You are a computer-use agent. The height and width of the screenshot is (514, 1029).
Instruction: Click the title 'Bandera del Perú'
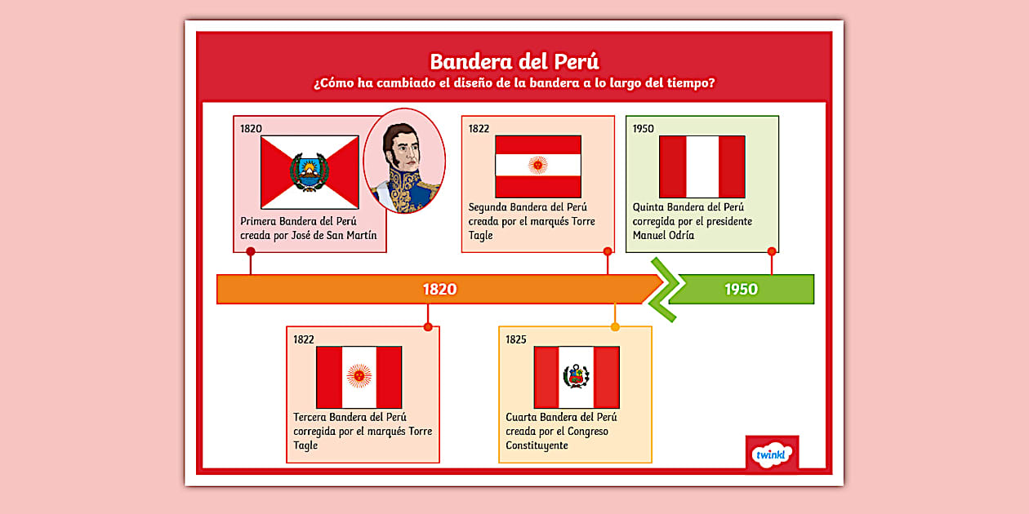tap(514, 62)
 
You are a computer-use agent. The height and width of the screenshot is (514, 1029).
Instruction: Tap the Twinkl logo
tap(772, 454)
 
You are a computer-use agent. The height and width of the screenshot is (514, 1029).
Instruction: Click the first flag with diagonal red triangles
tap(310, 172)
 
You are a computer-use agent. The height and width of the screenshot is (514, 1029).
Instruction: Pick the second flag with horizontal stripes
tap(538, 166)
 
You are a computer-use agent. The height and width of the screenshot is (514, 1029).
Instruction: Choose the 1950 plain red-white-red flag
tap(702, 166)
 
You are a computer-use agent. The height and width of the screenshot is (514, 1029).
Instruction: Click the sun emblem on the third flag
tap(359, 376)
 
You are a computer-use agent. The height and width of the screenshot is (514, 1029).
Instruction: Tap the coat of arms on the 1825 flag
tap(576, 377)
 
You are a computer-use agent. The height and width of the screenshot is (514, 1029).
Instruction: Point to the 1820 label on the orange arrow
tap(439, 289)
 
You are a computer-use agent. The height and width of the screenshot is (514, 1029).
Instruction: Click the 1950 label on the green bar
tap(741, 289)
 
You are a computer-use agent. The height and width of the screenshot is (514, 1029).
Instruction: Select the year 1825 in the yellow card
tap(516, 339)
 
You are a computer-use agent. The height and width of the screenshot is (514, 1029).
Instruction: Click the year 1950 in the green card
tap(644, 128)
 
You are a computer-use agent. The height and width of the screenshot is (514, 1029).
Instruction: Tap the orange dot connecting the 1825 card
tap(615, 327)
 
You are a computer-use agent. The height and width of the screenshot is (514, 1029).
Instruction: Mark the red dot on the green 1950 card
tap(772, 251)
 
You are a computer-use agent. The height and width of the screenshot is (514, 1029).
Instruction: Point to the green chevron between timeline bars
tap(663, 290)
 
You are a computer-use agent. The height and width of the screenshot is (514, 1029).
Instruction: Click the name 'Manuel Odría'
tap(663, 236)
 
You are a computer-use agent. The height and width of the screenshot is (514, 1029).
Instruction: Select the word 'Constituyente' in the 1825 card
tap(537, 445)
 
